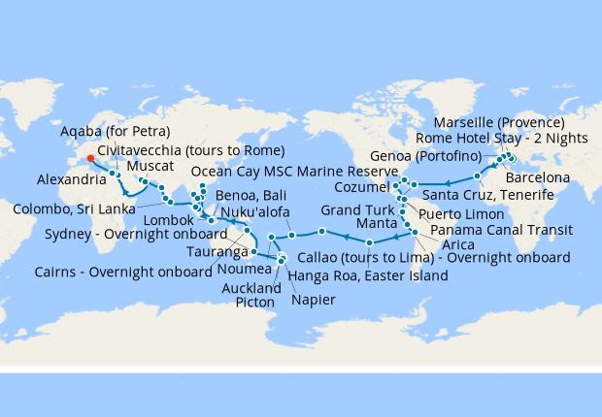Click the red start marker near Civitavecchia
point(90,158)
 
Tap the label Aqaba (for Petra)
point(116,132)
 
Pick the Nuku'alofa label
point(256,212)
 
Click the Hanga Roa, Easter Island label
point(368,276)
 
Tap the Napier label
point(316,300)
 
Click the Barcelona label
point(537,178)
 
